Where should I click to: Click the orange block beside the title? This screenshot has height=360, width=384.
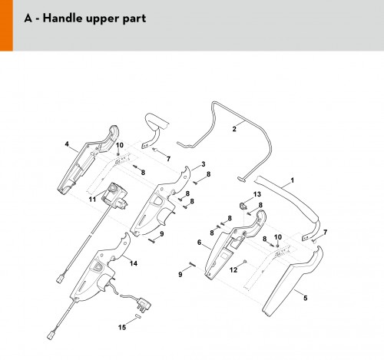point(6,25)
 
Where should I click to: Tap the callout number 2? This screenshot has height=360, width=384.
point(234,129)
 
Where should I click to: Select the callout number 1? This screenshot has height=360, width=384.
point(293,180)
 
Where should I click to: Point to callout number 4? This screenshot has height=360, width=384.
point(67,144)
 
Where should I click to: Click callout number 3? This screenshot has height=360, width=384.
point(204,164)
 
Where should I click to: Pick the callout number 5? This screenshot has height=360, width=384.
point(305,298)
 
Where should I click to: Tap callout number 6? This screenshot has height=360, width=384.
point(200,242)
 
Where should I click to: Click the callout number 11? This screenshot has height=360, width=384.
point(92,199)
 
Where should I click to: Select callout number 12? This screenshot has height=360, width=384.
point(233,269)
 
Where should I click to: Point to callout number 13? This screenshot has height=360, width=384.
point(257,194)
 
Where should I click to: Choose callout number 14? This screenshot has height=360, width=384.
point(134,263)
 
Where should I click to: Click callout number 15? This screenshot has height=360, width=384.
point(122,327)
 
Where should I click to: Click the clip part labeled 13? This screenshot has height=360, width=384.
point(242,206)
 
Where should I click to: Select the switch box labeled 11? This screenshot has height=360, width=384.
point(114,197)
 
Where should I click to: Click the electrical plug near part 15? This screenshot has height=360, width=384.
point(143,304)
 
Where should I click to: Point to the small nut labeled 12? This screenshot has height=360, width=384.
point(245,261)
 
